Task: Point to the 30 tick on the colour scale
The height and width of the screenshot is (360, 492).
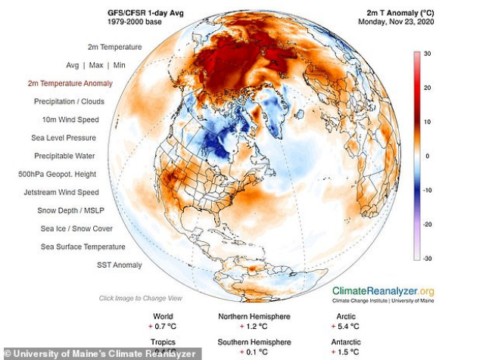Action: [x=427, y=54]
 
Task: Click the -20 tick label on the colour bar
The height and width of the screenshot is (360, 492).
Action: [x=427, y=224]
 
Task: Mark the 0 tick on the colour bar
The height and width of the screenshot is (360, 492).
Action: [x=427, y=156]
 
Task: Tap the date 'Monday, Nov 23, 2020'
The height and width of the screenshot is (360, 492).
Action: [x=392, y=21]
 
